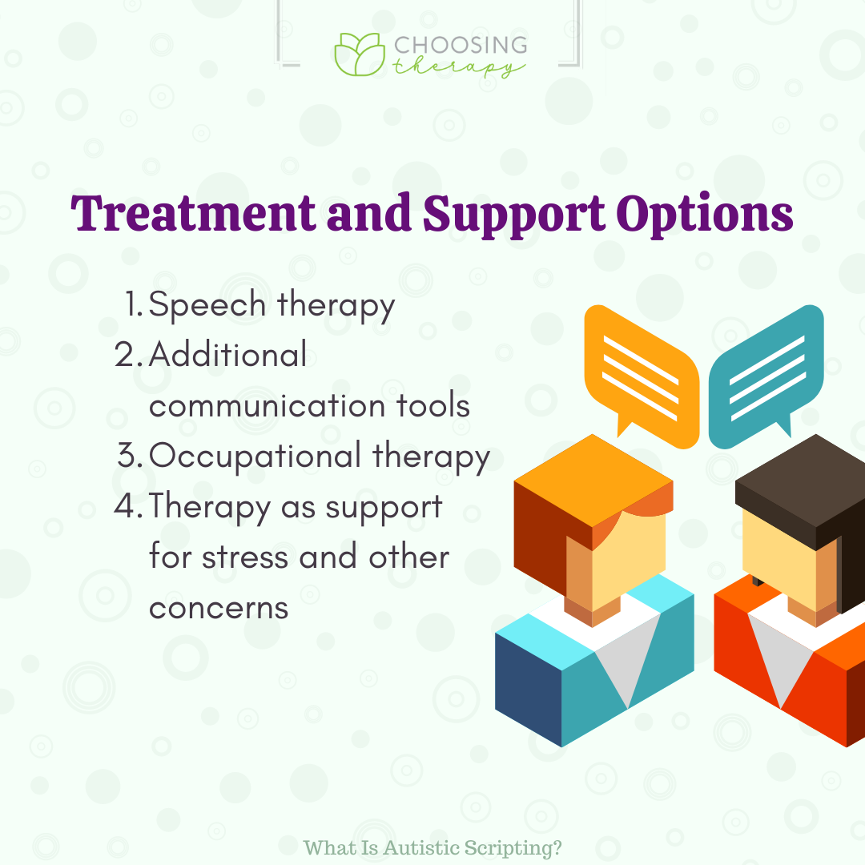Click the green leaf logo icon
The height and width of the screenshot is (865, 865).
pos(360,54)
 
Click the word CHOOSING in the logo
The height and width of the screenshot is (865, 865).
pos(461,45)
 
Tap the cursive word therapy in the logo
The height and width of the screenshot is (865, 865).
pos(458,67)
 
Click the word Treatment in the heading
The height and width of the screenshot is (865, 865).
pos(193,213)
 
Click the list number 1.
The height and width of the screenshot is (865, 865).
pos(134,304)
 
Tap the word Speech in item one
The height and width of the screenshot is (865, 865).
pos(207,305)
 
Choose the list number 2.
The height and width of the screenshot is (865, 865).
pos(128,355)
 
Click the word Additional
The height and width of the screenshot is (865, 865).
pos(227,354)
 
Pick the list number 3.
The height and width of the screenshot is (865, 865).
pos(130,456)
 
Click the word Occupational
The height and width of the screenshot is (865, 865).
pos(255,457)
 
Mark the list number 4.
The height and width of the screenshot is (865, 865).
pos(128,506)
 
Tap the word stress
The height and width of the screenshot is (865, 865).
pos(245,557)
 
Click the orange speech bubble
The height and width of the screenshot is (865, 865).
pos(642,376)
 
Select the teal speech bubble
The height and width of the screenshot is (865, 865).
pos(766,376)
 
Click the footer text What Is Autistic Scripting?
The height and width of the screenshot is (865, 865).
pos(432,848)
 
